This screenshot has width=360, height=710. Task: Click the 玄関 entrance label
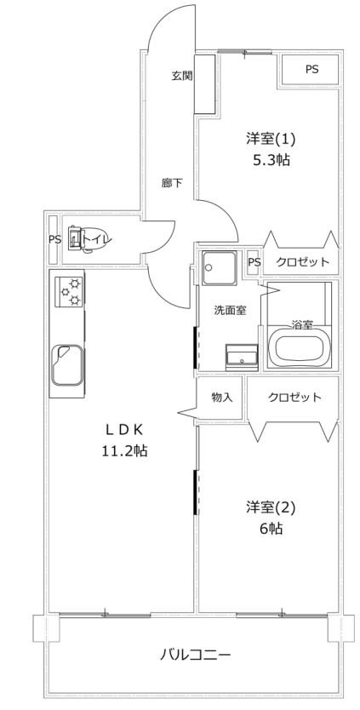click(181, 76)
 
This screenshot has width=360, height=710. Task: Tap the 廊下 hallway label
click(172, 183)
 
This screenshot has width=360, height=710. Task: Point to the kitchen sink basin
click(67, 365)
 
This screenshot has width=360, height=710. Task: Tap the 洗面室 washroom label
click(230, 311)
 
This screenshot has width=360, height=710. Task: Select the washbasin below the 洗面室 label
click(242, 354)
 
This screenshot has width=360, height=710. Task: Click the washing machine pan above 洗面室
click(220, 268)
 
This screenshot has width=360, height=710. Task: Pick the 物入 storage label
click(222, 398)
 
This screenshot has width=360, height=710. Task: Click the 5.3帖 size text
click(271, 160)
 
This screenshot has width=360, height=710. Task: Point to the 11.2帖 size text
click(123, 450)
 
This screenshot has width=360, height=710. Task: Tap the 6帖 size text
click(271, 528)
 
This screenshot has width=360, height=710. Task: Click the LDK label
click(124, 428)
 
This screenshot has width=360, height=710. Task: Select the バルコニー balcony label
click(196, 655)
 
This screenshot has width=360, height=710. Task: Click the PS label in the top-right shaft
click(311, 70)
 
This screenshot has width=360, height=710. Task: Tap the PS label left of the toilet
click(54, 239)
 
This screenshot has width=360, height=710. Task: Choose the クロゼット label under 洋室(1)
click(302, 261)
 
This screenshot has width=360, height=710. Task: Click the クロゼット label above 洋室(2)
click(294, 398)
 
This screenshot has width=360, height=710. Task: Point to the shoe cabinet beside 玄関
click(204, 84)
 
